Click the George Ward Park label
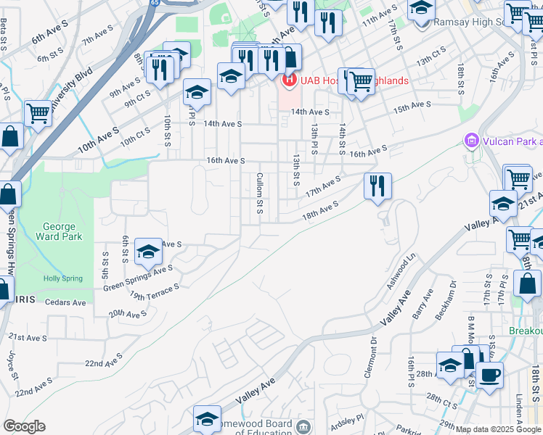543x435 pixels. click(x=58, y=231)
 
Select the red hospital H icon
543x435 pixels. click(x=290, y=80)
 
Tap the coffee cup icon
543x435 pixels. click(x=489, y=375)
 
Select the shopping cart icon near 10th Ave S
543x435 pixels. click(x=37, y=113)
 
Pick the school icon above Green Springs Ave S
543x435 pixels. click(x=148, y=251)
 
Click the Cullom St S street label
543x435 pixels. click(x=259, y=194)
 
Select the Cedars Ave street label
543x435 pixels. click(x=65, y=302)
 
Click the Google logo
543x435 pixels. click(x=24, y=426)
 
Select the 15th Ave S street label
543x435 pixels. click(x=412, y=107)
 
